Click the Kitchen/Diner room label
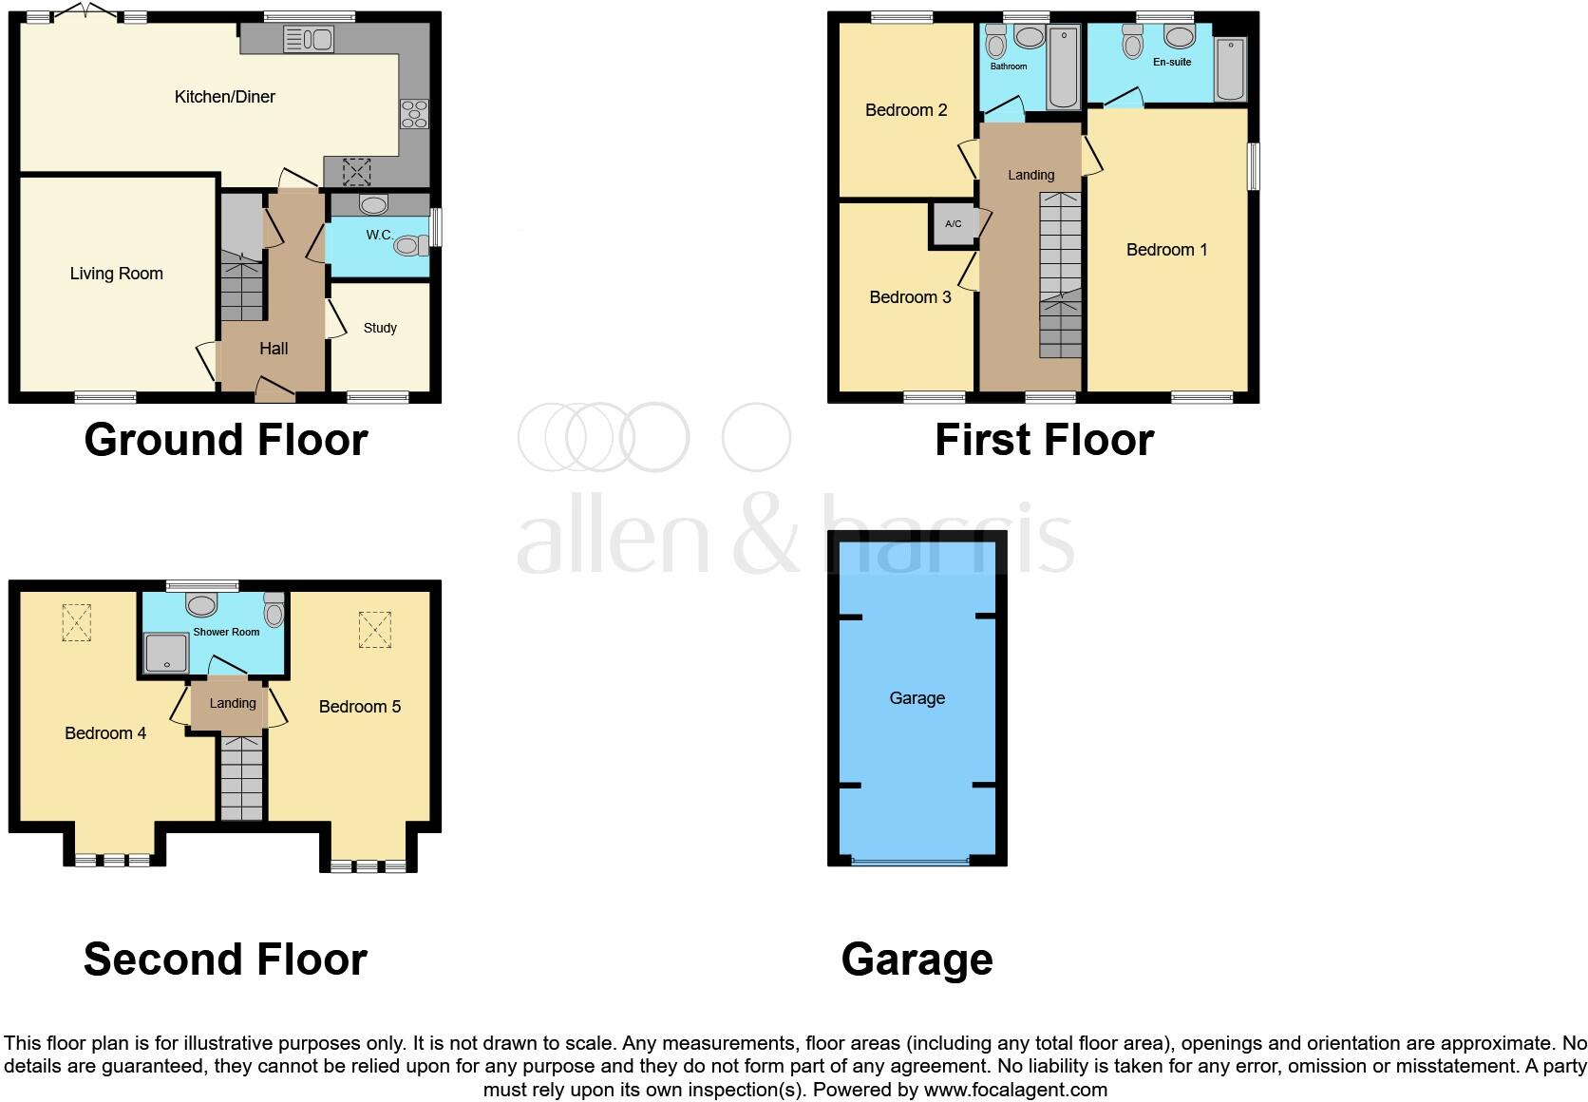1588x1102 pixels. (x=225, y=97)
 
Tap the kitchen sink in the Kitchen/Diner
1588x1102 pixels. (x=308, y=39)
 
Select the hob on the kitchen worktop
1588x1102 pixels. (x=414, y=113)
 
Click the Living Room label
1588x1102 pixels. (x=117, y=274)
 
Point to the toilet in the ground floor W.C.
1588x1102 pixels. (x=409, y=246)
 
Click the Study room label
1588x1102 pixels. (x=380, y=328)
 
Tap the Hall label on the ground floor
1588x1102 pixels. (x=274, y=349)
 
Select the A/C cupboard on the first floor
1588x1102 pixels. (x=953, y=225)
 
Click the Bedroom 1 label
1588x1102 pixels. (x=1166, y=250)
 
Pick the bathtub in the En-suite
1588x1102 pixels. (x=1230, y=68)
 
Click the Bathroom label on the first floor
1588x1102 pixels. (x=1009, y=66)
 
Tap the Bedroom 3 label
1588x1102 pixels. (x=910, y=297)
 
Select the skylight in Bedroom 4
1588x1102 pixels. (x=76, y=623)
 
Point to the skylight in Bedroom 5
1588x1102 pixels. (x=375, y=630)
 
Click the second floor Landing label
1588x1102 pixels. (x=233, y=703)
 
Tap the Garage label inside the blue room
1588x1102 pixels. (x=917, y=698)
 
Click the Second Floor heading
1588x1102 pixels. (x=225, y=959)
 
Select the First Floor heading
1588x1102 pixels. (x=1044, y=440)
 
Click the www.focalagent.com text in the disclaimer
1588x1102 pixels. (x=1015, y=1090)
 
